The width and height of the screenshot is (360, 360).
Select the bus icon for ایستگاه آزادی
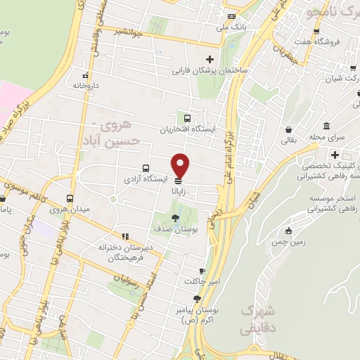(146, 168)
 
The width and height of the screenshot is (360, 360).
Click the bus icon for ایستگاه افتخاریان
(188, 118)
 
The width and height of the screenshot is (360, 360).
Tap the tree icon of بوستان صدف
(175, 217)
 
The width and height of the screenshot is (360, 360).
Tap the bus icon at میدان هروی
(69, 198)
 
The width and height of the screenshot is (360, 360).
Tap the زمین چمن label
(288, 241)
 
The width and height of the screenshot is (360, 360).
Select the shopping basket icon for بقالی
(288, 129)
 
